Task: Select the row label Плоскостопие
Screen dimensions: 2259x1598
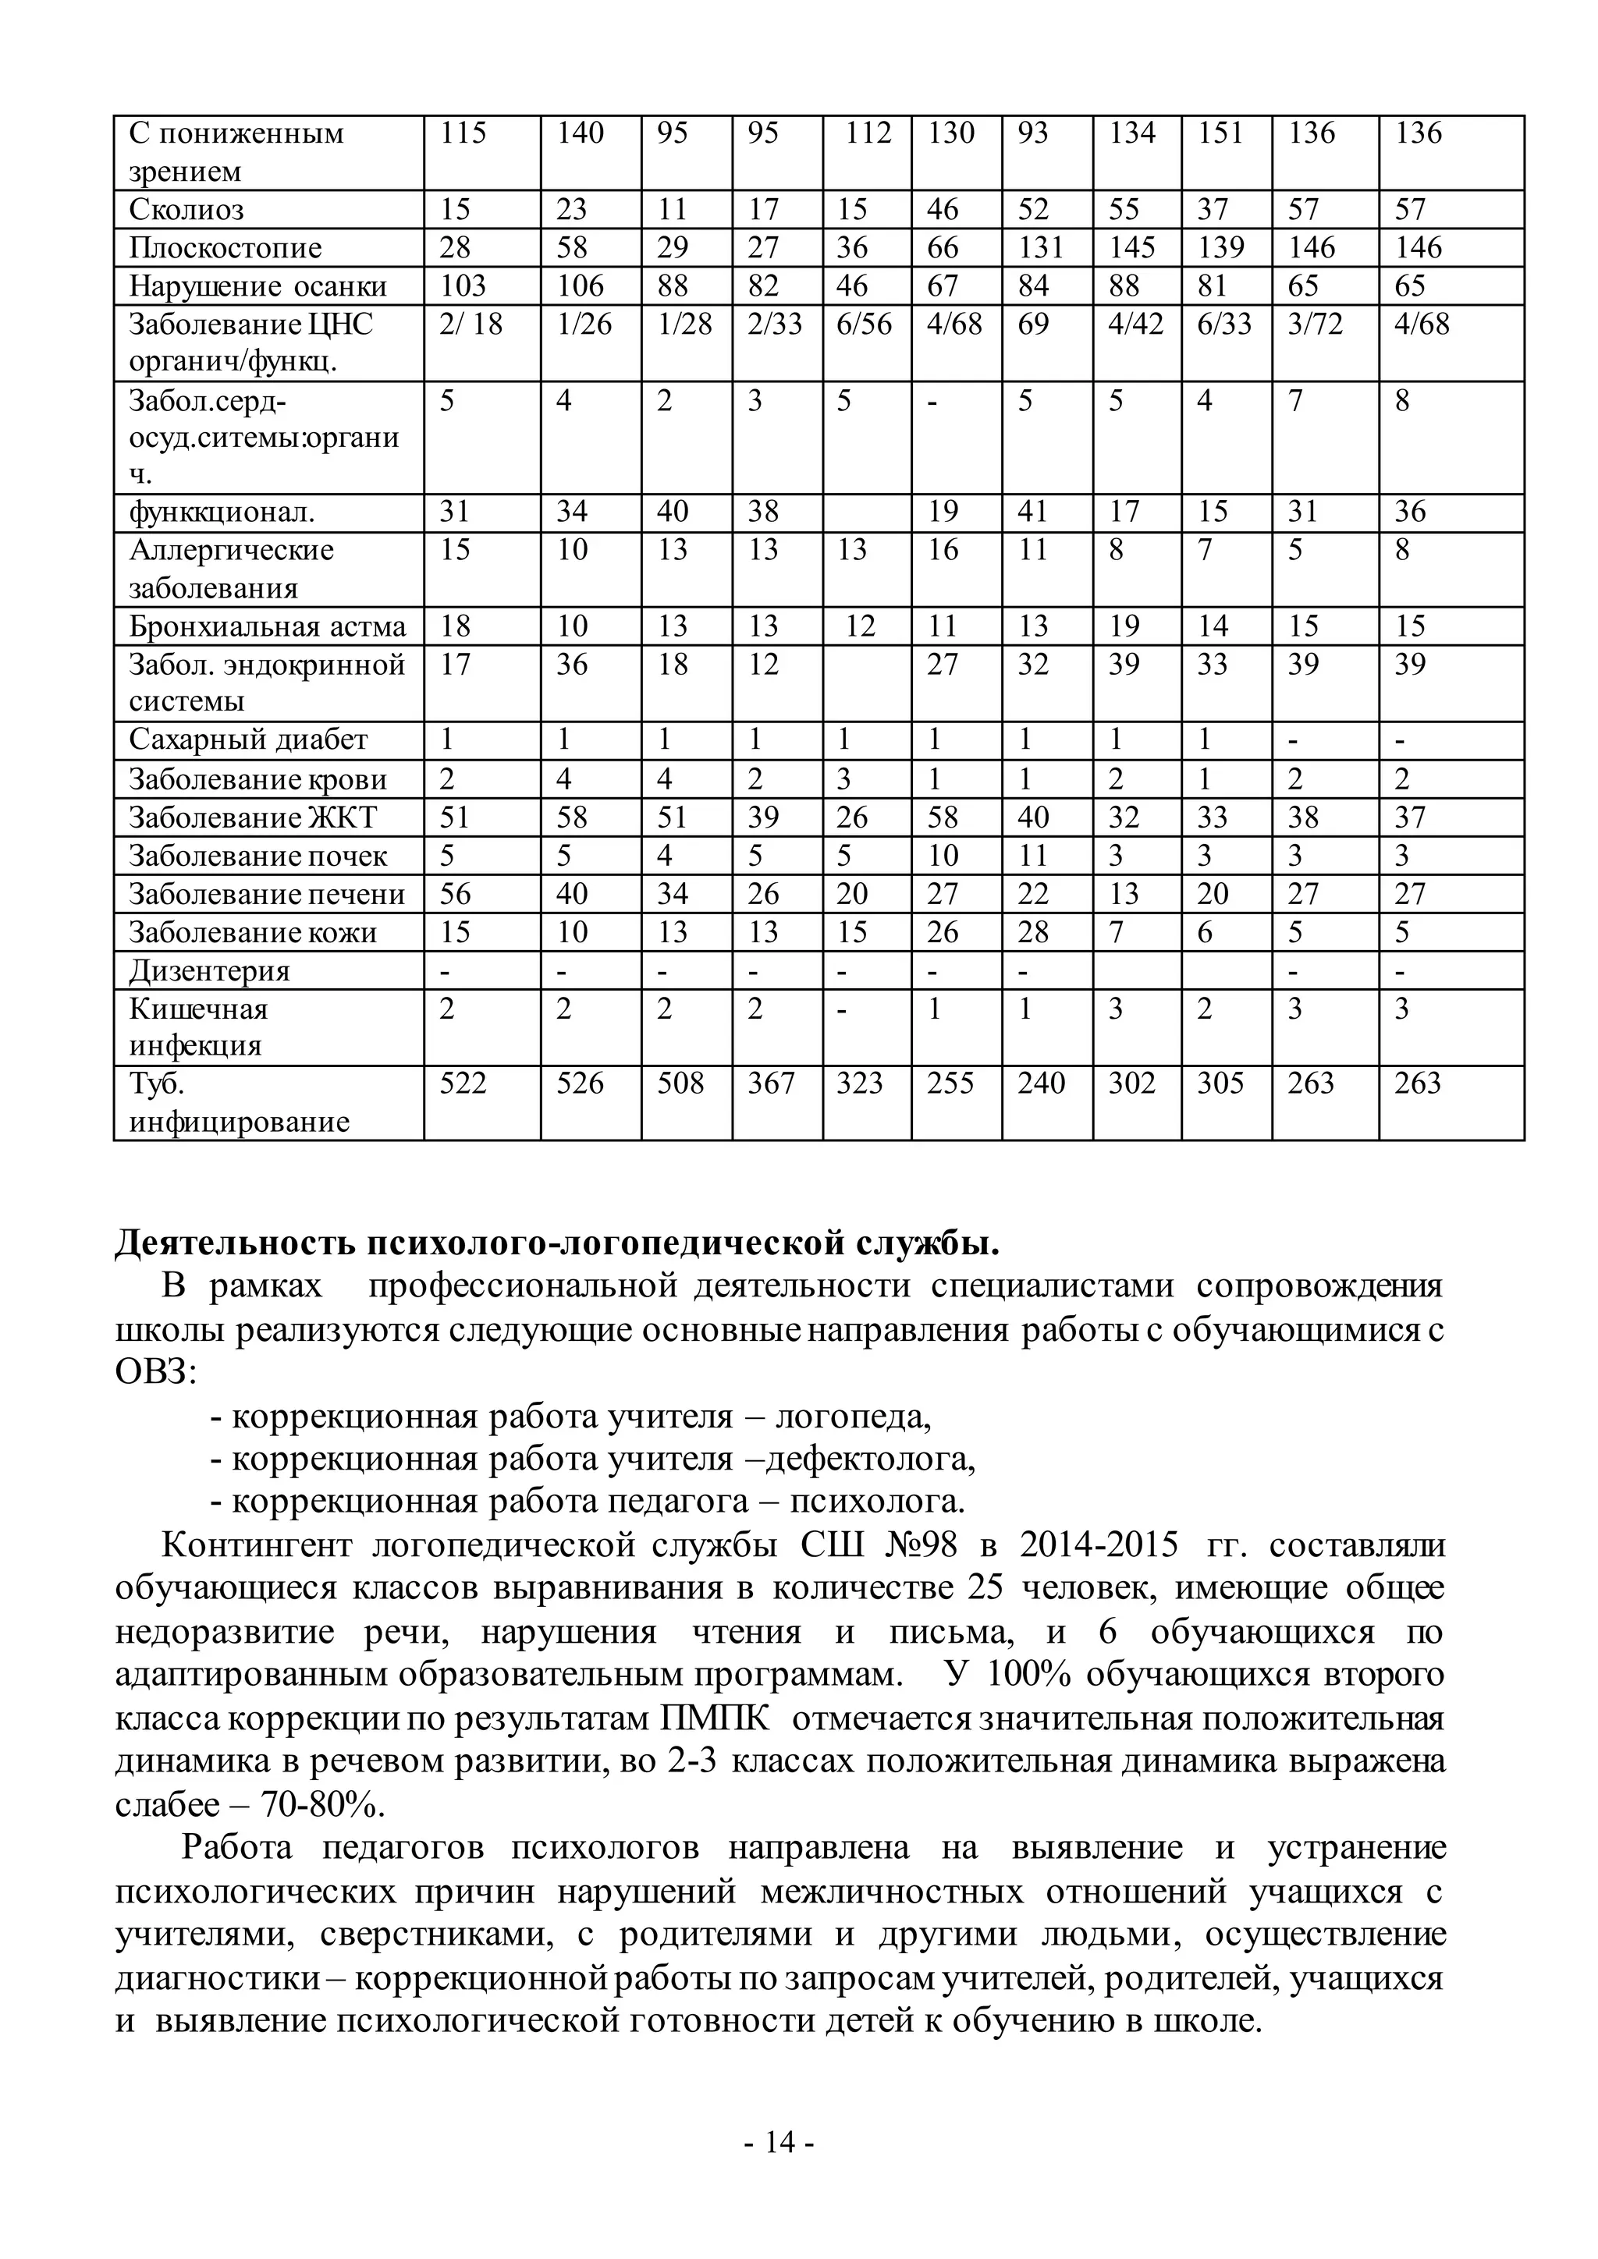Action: coord(225,248)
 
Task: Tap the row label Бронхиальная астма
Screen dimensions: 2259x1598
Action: coord(267,626)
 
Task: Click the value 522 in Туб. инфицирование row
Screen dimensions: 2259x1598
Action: coord(463,1083)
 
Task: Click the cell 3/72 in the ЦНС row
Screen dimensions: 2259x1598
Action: coord(1315,324)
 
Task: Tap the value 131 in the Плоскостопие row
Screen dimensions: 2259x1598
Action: coord(1041,248)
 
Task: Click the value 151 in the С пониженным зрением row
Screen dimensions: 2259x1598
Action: coord(1220,133)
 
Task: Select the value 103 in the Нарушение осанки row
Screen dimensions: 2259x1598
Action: coord(463,286)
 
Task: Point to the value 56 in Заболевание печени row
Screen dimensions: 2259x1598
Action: coord(455,895)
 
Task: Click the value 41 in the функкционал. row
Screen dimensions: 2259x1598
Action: coord(1033,512)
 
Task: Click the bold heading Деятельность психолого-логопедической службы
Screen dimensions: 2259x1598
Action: coord(557,1243)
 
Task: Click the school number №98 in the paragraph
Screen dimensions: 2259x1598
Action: coord(919,1546)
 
